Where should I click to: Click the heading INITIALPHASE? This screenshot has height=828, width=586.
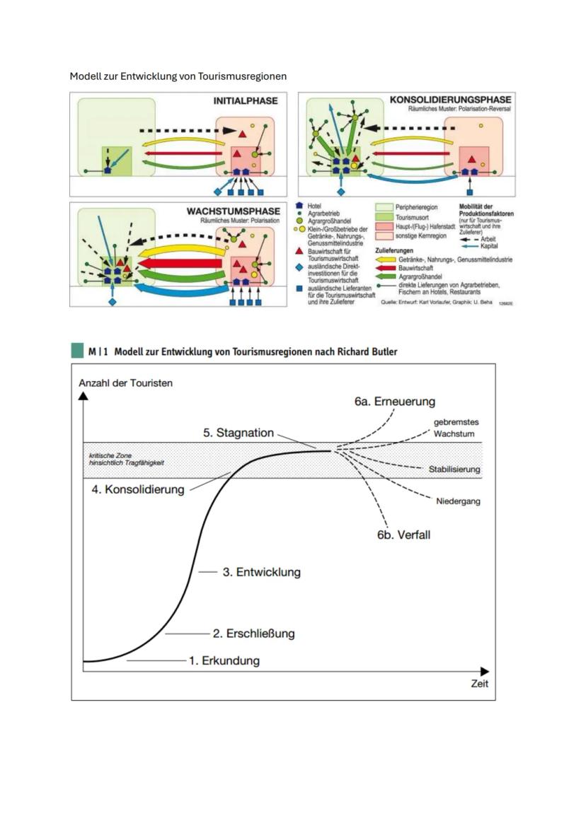245,101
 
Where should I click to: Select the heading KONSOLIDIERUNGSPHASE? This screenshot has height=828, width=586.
450,100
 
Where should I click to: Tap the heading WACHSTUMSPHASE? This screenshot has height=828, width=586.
233,211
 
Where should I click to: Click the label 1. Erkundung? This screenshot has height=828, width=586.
224,661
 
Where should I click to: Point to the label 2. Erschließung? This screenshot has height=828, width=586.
253,634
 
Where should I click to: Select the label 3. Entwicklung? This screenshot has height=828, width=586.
261,572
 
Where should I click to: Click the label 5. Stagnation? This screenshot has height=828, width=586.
239,433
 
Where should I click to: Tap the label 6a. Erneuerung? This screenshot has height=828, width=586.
395,402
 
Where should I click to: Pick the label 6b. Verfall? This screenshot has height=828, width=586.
403,535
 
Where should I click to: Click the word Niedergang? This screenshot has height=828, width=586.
458,501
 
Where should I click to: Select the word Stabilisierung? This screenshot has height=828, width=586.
454,470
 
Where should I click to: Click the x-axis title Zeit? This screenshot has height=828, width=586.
479,684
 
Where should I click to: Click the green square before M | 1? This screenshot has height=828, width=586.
77,351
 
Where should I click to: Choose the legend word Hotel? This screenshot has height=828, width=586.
314,206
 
